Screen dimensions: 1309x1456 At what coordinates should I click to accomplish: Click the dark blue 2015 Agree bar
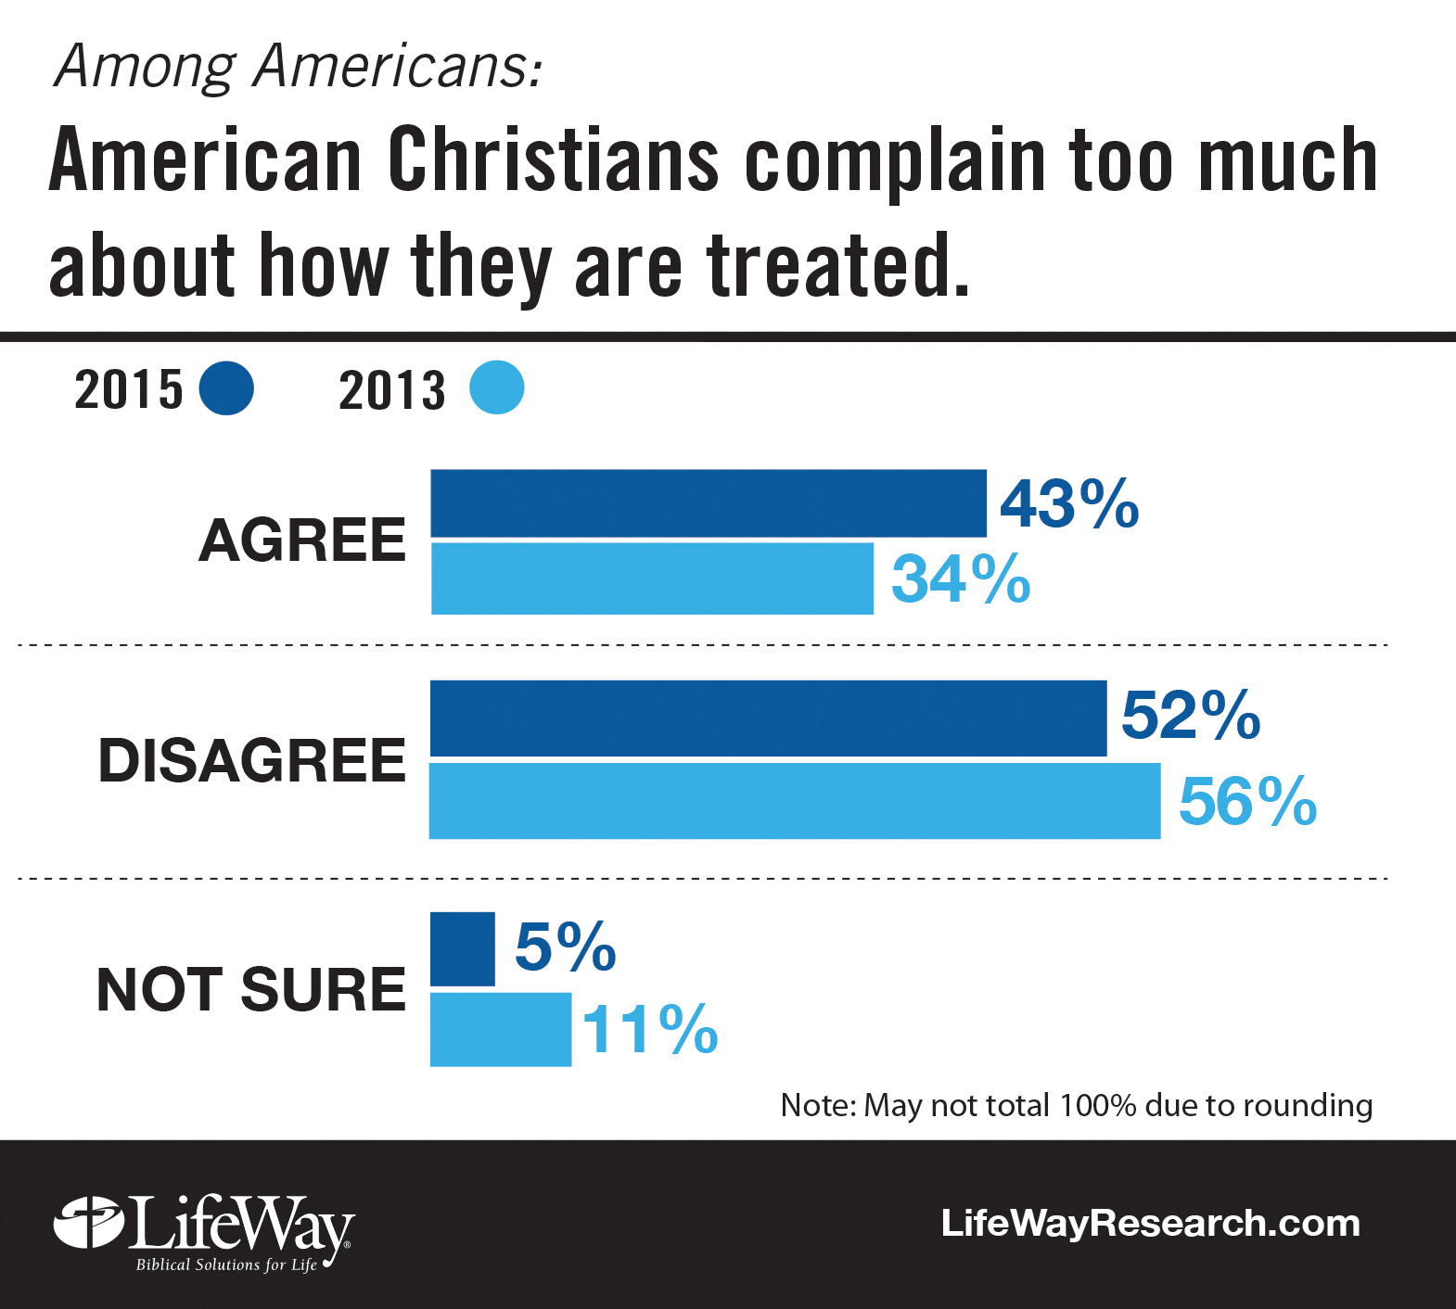tap(709, 503)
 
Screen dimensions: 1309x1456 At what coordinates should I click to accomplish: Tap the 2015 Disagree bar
tap(768, 718)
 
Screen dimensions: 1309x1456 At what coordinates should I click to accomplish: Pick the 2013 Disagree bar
tap(795, 801)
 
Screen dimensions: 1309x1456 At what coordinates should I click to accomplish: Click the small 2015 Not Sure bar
tap(463, 949)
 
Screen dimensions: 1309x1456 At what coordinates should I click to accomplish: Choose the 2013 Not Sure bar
tap(501, 1030)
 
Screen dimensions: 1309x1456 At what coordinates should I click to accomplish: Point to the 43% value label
tap(1069, 504)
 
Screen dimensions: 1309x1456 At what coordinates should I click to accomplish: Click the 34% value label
tap(961, 579)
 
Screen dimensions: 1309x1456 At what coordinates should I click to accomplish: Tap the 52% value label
tap(1191, 716)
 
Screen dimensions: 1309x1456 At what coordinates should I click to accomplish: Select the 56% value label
tap(1247, 801)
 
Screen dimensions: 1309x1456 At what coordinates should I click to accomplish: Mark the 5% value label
tap(565, 947)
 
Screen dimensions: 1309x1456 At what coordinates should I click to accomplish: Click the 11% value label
tap(650, 1030)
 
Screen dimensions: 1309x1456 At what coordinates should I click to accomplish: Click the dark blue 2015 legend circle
tap(226, 388)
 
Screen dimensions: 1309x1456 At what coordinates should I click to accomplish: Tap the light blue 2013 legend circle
tap(496, 388)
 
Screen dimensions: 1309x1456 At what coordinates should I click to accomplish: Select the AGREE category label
tap(302, 540)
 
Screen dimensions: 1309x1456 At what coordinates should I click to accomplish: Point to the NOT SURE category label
tap(251, 989)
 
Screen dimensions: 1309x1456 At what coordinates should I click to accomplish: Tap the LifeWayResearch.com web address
tap(1150, 1223)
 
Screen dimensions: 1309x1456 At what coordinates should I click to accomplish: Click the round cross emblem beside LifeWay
tap(89, 1223)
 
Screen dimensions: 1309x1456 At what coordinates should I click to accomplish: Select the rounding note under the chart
tap(1076, 1105)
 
